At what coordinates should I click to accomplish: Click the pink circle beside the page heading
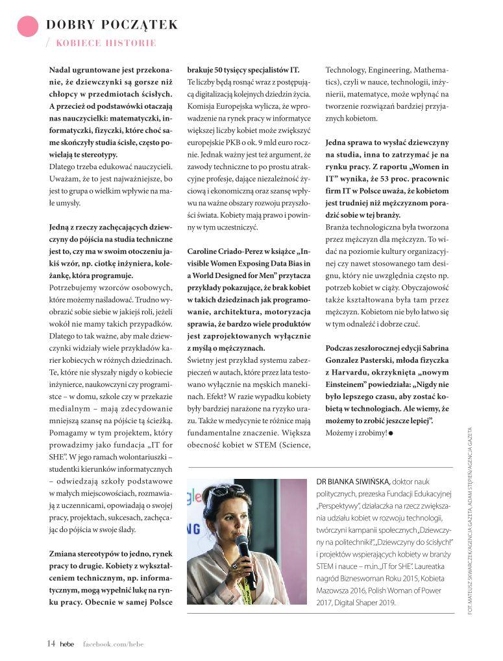27,25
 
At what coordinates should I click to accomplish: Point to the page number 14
51,643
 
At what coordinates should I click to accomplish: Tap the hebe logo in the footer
67,644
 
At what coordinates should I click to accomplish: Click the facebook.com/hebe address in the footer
113,644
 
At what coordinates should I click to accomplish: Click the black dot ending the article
391,432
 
